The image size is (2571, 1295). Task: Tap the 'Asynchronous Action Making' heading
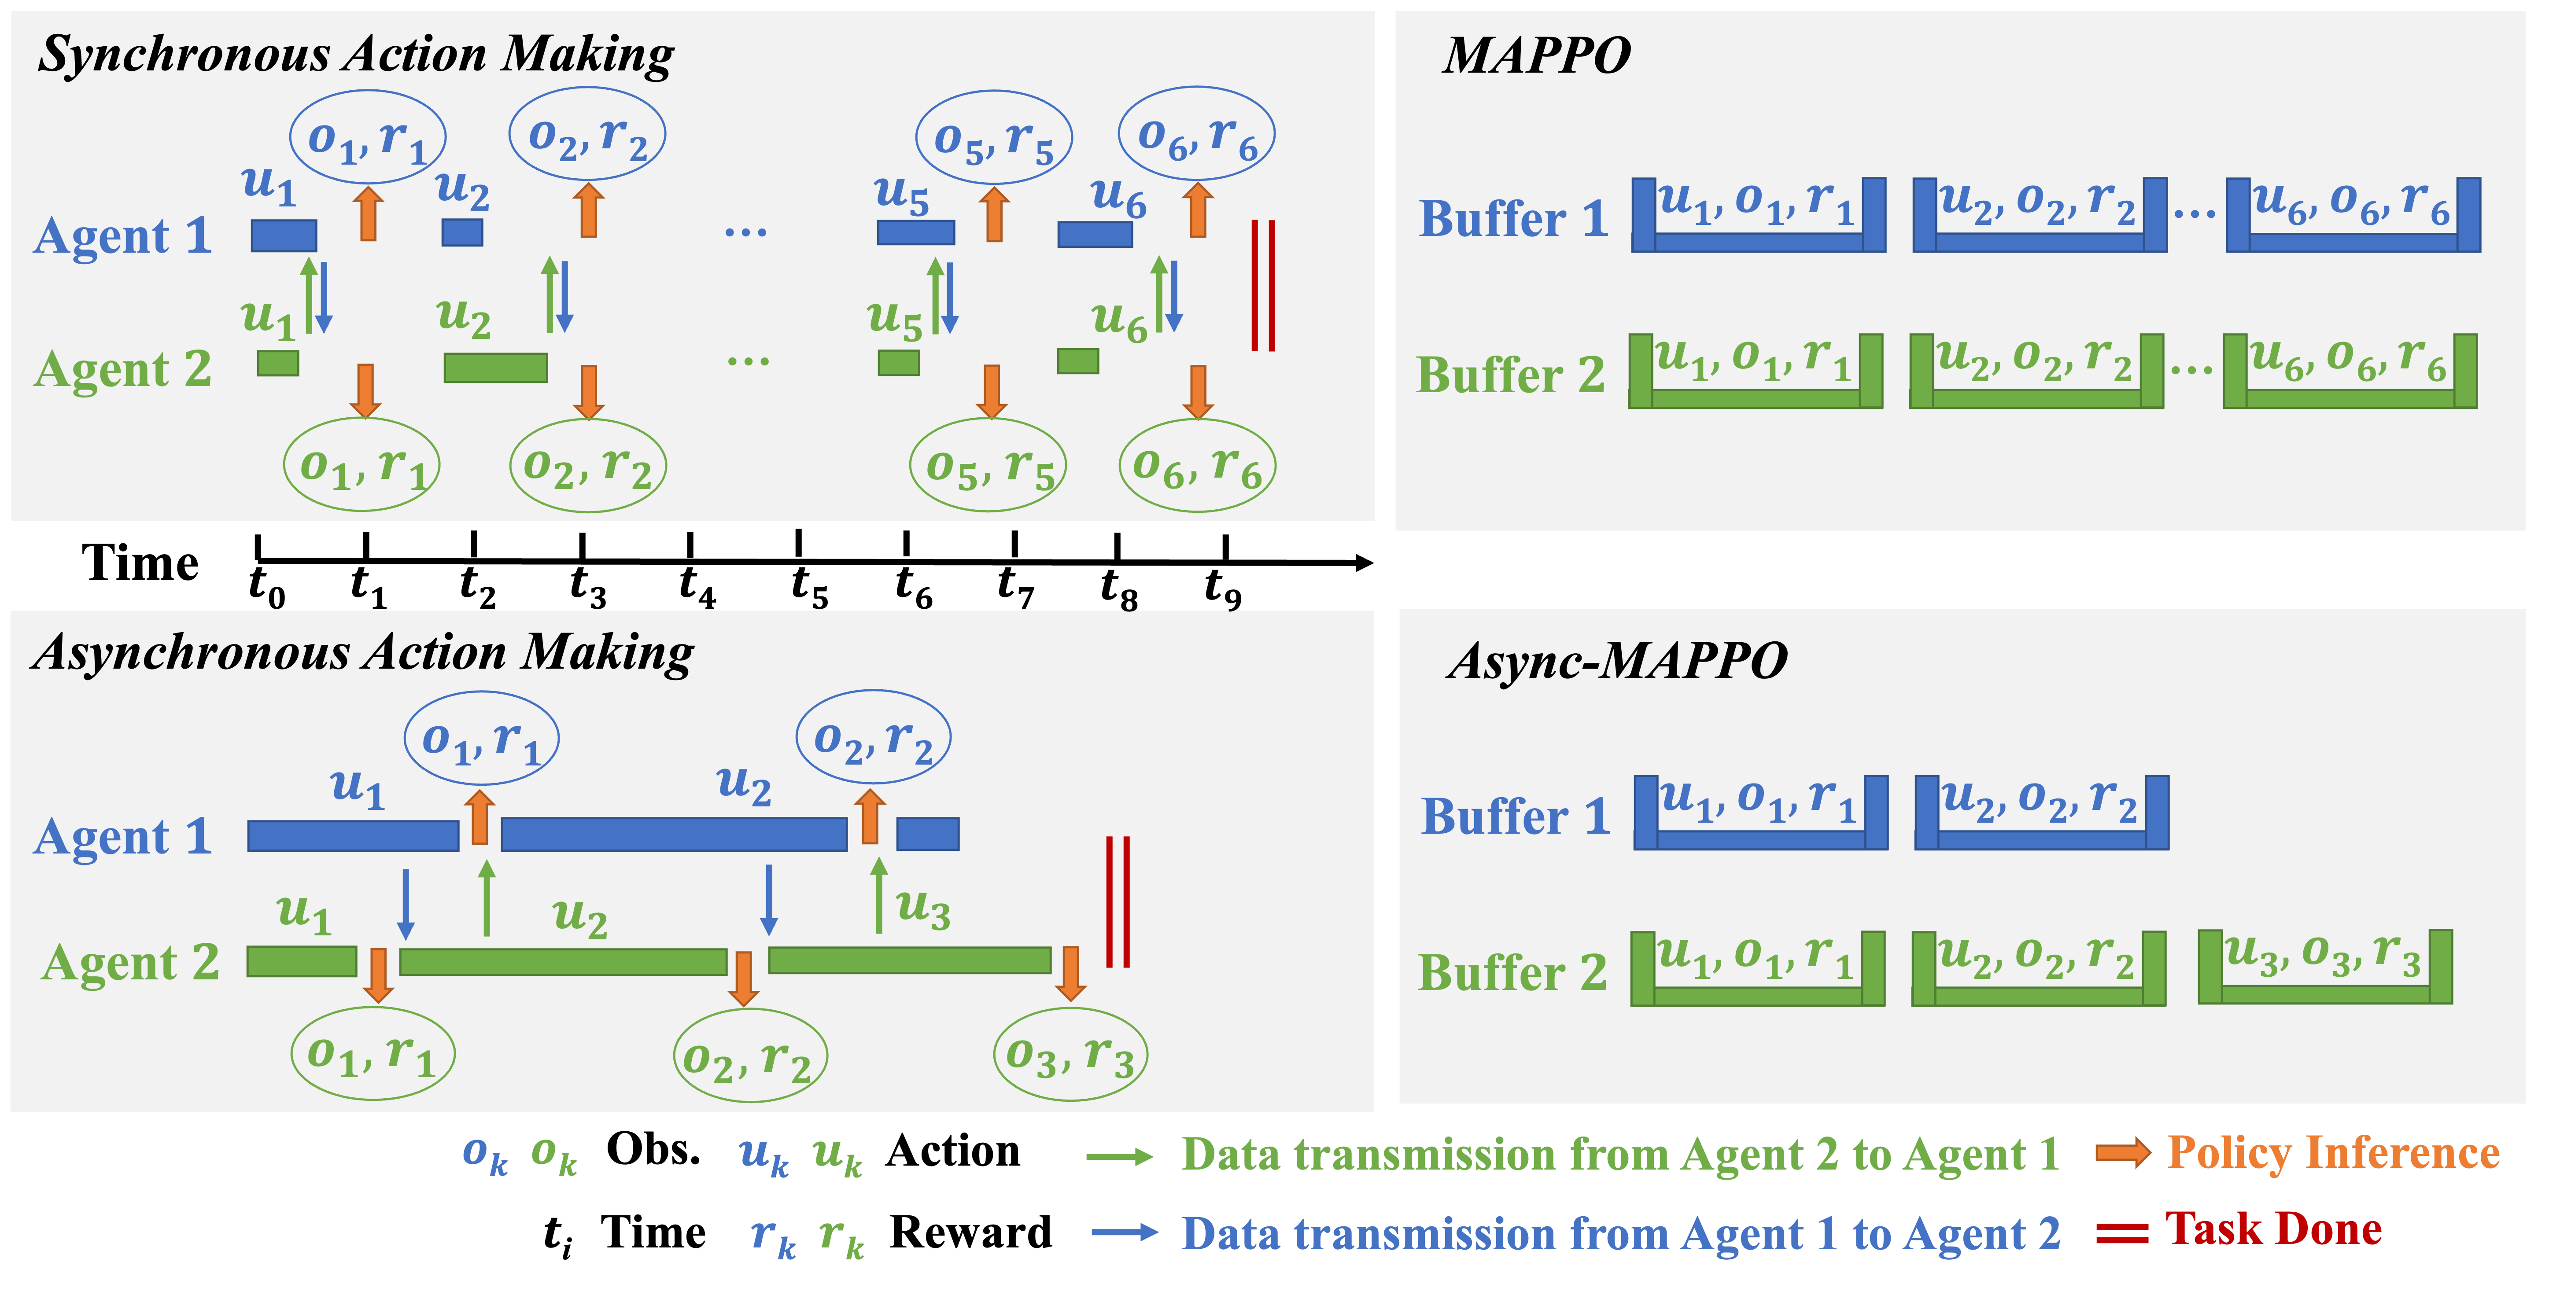(363, 654)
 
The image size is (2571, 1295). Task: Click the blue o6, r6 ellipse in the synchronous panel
(1197, 135)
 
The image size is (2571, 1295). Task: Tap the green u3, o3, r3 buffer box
(2325, 967)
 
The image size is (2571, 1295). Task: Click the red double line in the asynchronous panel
(1118, 902)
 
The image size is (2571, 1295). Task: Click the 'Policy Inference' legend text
(2334, 1153)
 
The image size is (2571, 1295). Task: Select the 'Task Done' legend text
(2274, 1229)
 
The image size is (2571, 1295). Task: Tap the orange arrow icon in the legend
(2123, 1153)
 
